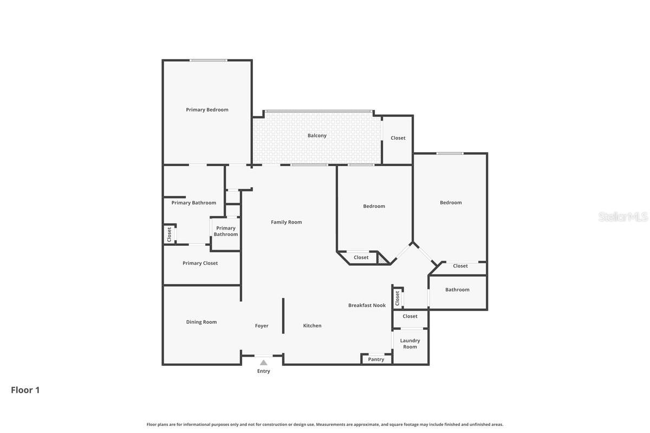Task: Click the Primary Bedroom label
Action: pos(207,110)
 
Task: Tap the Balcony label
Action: pos(317,136)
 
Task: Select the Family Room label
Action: pos(287,222)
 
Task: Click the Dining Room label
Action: pos(201,322)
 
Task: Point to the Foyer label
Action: pos(262,326)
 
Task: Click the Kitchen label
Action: pos(312,326)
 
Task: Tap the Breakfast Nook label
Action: pos(367,305)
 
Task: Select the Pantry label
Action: pos(376,359)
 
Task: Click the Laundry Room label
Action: pos(410,344)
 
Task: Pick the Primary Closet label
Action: pos(200,263)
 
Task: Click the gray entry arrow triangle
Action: pos(263,363)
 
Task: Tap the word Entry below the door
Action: pos(263,371)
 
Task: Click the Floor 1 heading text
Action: pos(25,390)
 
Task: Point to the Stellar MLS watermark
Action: pos(622,217)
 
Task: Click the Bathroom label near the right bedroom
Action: pos(457,290)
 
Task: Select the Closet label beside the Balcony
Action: pos(398,138)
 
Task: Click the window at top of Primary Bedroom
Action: pos(208,60)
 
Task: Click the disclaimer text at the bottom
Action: pos(325,424)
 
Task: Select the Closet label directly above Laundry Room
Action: pos(410,316)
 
